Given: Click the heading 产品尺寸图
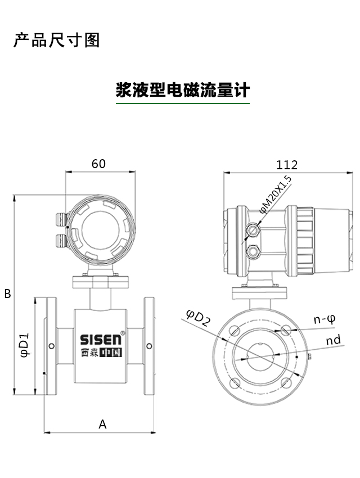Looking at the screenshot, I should pos(57,40).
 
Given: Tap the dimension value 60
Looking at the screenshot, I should pos(98,164).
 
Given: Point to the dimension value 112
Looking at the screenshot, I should pos(287,165).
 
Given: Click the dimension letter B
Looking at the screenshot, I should pos(7,294).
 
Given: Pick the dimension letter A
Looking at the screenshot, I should pos(102,424).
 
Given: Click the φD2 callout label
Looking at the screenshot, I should pos(198,319).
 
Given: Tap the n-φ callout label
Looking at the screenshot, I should pos(325,319).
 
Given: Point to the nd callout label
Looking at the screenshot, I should pos(333,340).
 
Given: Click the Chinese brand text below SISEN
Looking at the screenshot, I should pos(101,354).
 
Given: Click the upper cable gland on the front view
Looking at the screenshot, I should pos(60,219).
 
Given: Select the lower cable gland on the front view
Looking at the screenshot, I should pos(60,240).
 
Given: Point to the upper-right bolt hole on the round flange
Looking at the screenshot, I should pos(286,330).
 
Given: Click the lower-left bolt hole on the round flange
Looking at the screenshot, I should pos(235,383).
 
